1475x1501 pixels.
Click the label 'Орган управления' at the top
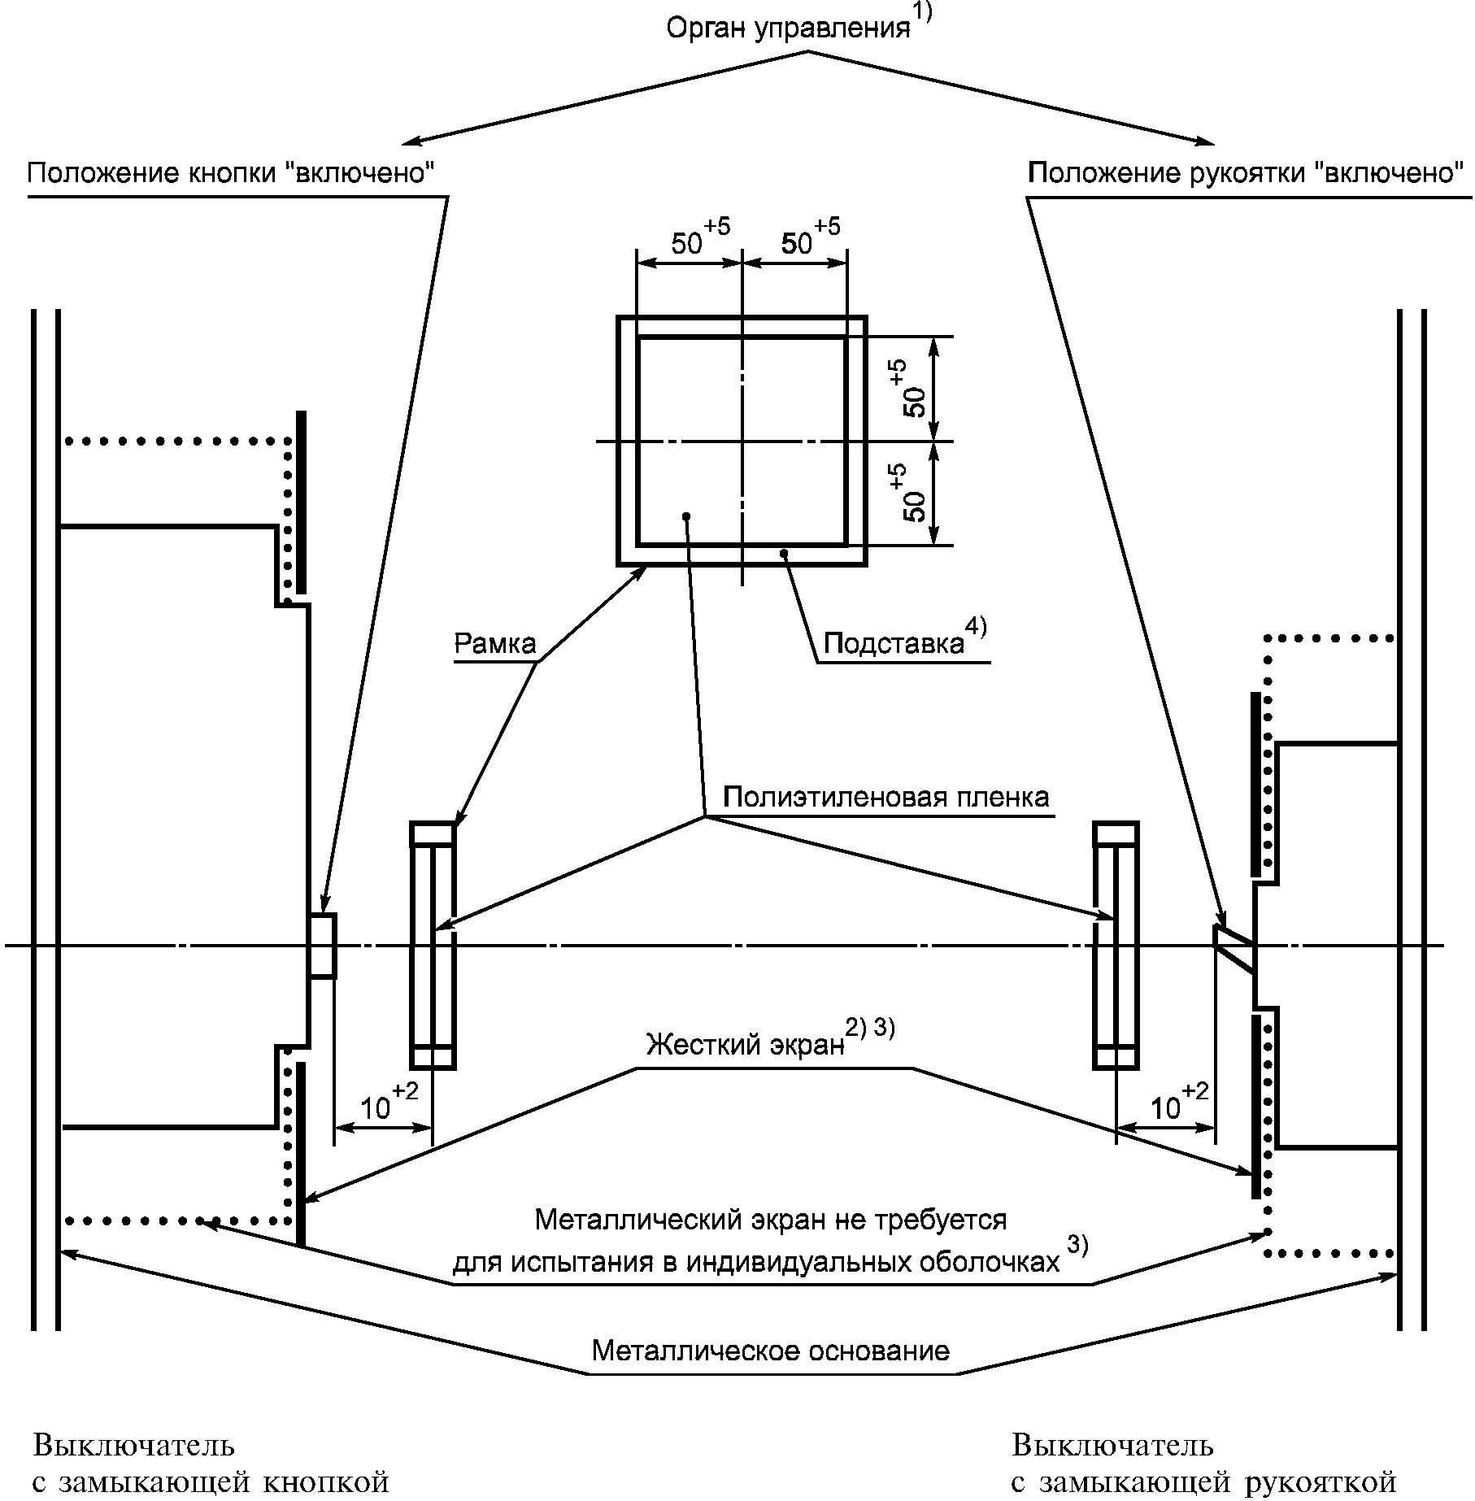pyautogui.click(x=787, y=29)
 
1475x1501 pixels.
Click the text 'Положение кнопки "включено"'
pyautogui.click(x=230, y=173)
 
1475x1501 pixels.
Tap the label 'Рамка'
pyautogui.click(x=494, y=644)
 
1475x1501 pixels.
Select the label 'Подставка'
pyautogui.click(x=894, y=643)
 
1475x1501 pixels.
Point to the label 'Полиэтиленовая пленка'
pyautogui.click(x=885, y=797)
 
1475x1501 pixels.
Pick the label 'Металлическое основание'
pyautogui.click(x=770, y=1351)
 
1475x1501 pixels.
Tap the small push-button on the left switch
pyautogui.click(x=322, y=946)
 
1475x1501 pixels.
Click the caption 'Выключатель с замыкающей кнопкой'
pyautogui.click(x=211, y=1464)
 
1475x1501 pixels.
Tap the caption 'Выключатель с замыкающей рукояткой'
pyautogui.click(x=1203, y=1464)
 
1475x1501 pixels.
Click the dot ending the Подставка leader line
pyautogui.click(x=784, y=554)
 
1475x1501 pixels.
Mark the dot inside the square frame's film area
pyautogui.click(x=687, y=516)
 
